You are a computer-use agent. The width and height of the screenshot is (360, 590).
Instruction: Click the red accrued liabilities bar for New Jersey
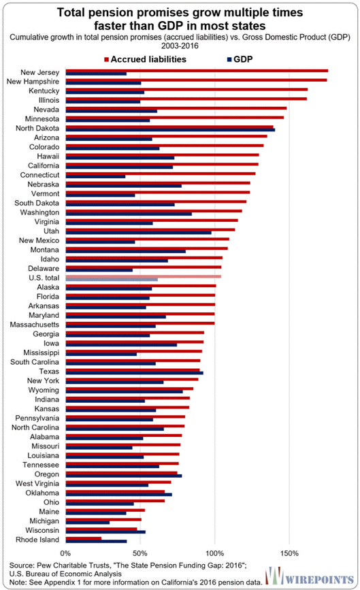[x=197, y=71]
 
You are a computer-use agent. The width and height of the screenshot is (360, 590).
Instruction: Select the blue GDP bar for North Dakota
[x=170, y=130]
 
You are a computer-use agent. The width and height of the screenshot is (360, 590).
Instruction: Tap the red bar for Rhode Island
[x=84, y=538]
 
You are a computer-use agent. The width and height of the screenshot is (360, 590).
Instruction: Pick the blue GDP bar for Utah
[x=138, y=233]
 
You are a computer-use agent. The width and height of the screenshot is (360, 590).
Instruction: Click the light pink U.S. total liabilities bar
[x=144, y=276]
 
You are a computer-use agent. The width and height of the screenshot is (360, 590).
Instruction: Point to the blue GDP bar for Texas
[x=134, y=373]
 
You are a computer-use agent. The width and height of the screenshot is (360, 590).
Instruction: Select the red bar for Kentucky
[x=186, y=89]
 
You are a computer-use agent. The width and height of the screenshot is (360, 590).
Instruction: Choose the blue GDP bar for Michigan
[x=88, y=523]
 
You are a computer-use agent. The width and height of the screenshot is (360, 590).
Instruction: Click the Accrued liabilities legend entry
[x=145, y=59]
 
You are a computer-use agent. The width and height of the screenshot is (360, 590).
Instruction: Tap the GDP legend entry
[x=240, y=59]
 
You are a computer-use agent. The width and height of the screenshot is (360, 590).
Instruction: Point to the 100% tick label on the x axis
[x=215, y=553]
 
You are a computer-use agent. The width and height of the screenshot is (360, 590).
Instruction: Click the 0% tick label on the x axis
[x=65, y=553]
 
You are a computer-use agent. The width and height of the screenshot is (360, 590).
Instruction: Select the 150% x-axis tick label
[x=289, y=553]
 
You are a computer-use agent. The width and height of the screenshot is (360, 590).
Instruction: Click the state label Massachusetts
[x=35, y=325]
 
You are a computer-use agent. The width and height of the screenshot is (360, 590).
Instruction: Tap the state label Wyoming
[x=44, y=390]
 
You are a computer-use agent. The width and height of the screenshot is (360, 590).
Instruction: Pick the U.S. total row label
[x=44, y=278]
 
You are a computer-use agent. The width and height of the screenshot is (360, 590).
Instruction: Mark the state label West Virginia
[x=37, y=484]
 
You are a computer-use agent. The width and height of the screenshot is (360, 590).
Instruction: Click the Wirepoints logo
[x=309, y=576]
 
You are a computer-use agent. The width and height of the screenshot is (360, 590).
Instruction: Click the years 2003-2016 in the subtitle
[x=180, y=46]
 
